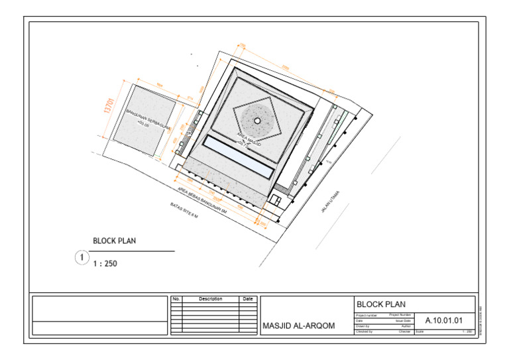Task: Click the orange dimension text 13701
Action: [108, 105]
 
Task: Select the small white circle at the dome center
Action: [257, 120]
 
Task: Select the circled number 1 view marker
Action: [81, 257]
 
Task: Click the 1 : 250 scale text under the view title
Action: [105, 263]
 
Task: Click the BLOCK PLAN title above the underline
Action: [114, 241]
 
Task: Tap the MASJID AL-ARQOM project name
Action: [299, 326]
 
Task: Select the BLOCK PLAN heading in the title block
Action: [381, 304]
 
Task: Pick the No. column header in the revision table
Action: [176, 299]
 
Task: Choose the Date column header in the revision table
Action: [247, 299]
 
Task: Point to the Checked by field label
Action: [365, 331]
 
